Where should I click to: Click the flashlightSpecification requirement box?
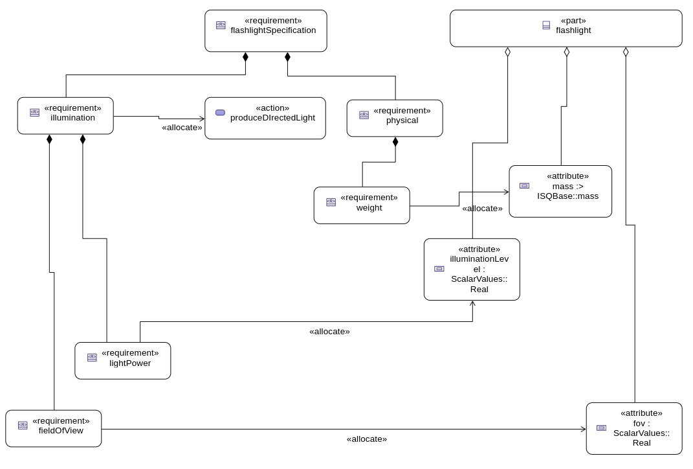click(265, 30)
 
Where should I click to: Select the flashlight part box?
click(566, 29)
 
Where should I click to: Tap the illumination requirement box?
click(65, 116)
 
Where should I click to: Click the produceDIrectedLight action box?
click(265, 118)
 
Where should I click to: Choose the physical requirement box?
click(395, 118)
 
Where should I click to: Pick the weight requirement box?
click(362, 205)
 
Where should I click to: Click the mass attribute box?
click(560, 191)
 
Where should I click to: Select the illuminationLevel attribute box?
click(472, 269)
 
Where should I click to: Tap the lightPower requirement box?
click(123, 361)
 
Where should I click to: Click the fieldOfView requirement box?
click(54, 428)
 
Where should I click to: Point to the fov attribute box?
click(634, 428)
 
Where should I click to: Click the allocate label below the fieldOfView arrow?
click(367, 439)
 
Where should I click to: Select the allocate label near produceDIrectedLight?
click(182, 128)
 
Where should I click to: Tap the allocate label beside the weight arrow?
click(482, 209)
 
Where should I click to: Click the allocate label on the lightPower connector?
click(329, 332)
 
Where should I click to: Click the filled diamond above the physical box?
click(395, 142)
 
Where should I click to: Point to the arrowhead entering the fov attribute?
click(583, 429)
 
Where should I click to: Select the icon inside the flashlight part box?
click(546, 25)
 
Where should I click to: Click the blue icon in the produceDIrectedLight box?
click(220, 113)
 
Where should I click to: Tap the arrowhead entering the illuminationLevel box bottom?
click(472, 303)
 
